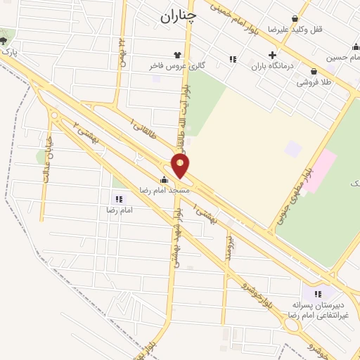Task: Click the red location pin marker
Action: [x=181, y=165]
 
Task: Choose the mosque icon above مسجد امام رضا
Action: [x=165, y=179]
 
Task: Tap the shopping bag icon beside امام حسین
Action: [x=356, y=47]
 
